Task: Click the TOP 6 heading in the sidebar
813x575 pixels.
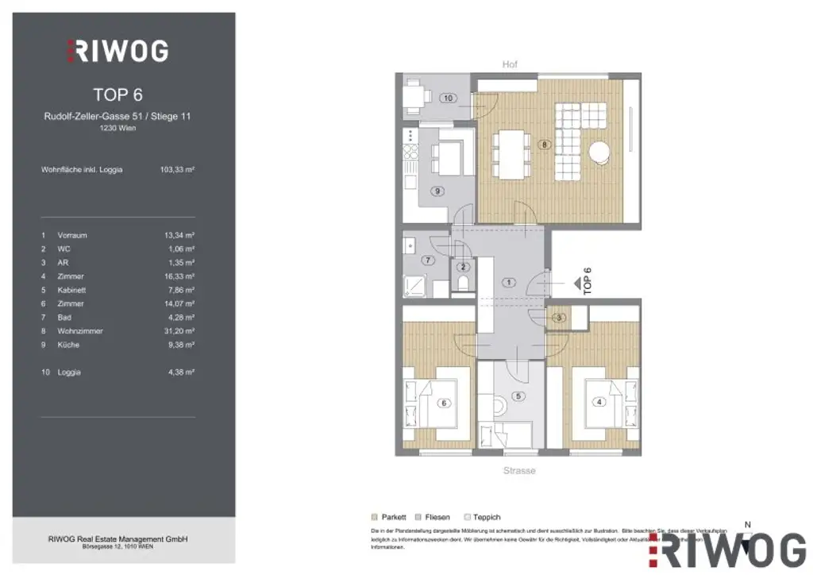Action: (x=118, y=95)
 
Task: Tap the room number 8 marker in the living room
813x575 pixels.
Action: (x=543, y=145)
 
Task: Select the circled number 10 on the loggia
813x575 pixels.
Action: (x=448, y=98)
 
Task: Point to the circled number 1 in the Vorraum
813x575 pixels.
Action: (x=509, y=282)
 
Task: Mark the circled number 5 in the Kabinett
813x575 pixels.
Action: (x=519, y=396)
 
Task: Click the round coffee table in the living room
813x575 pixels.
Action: (x=599, y=150)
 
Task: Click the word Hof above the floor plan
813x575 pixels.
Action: (x=510, y=64)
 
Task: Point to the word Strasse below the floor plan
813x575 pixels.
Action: (x=519, y=471)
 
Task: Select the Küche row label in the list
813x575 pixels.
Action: (x=68, y=345)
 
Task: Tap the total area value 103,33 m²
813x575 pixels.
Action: (x=177, y=169)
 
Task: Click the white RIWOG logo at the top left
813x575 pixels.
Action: (x=117, y=52)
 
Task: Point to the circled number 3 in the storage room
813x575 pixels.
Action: (x=559, y=318)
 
